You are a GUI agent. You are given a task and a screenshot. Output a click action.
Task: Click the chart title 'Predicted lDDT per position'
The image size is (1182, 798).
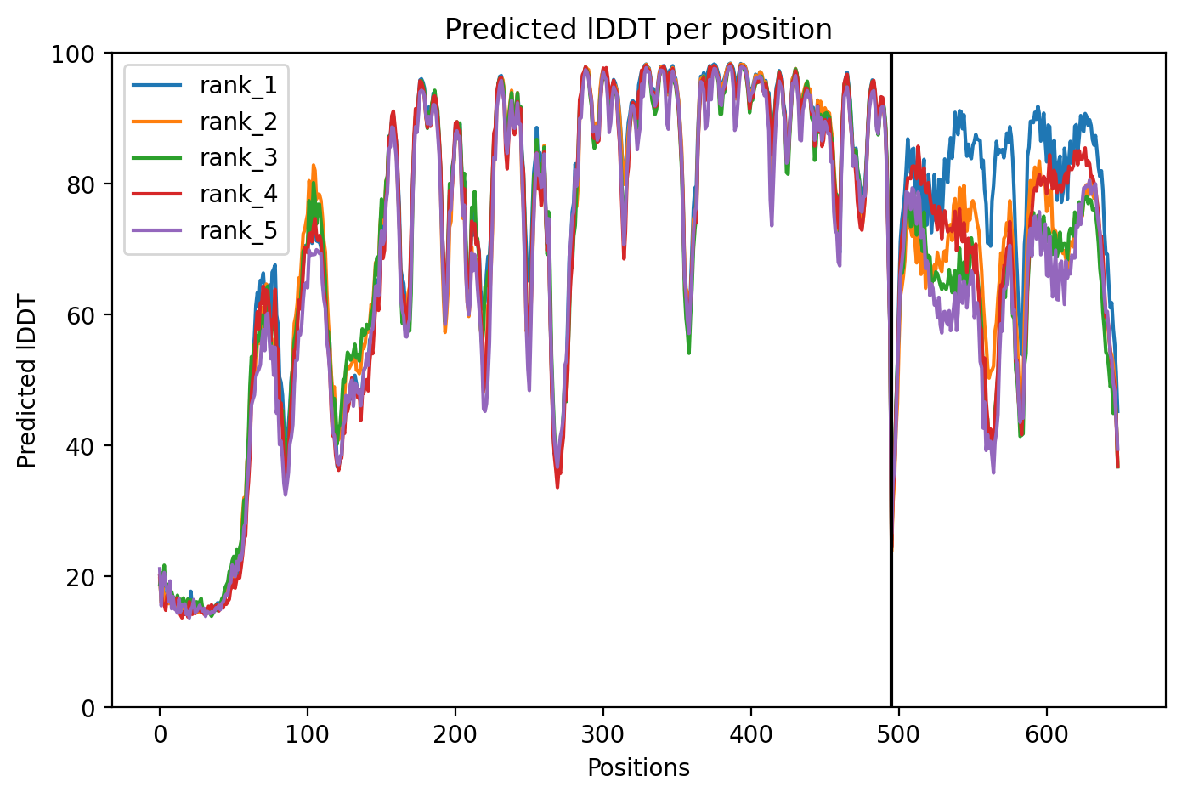point(638,29)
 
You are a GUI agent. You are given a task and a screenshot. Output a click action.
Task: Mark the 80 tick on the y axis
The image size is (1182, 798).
point(81,185)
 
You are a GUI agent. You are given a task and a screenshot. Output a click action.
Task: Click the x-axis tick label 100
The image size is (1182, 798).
point(307,735)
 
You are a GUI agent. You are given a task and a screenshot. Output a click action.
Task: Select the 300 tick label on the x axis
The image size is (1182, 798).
point(602,735)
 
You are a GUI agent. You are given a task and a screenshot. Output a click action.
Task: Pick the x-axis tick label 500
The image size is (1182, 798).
point(898,735)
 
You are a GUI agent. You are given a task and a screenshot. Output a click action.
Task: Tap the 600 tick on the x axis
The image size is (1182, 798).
point(1046,735)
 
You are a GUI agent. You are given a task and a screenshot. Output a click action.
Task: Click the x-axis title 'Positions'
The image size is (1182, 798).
point(638,768)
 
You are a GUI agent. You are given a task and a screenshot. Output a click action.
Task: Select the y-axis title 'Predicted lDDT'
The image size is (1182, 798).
point(26,380)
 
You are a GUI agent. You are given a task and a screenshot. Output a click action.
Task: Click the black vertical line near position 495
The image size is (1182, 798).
point(891,380)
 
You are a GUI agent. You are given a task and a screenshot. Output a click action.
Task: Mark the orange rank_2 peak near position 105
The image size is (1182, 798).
point(314,166)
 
